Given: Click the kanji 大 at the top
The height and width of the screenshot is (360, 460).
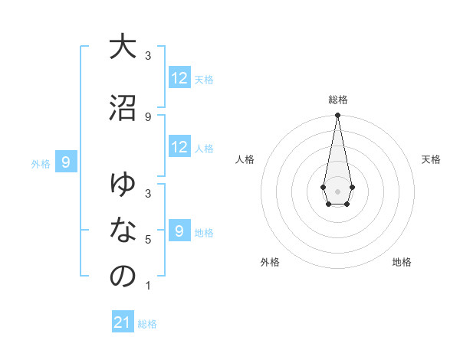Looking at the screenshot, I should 123,47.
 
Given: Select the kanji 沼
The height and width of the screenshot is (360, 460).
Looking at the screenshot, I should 123,107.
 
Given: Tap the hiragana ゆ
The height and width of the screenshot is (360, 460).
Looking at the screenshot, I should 123,185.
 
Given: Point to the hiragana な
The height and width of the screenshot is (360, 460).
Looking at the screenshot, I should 123,231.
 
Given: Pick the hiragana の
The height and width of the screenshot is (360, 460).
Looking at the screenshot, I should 123,277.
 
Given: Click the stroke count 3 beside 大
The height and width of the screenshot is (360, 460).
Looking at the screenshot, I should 148,56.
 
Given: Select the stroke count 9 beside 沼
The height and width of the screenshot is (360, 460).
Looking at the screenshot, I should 148,116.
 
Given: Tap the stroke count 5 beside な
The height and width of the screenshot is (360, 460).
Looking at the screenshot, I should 148,240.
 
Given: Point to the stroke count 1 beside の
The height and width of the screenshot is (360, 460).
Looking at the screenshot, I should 148,286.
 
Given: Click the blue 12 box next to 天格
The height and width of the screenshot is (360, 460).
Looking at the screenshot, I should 179,78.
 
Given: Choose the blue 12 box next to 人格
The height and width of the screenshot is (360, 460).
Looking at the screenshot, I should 179,147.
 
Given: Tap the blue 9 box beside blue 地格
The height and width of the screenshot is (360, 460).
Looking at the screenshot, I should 179,231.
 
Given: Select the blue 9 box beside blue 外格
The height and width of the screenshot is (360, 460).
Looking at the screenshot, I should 67,162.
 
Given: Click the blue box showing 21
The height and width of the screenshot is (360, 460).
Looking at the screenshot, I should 123,323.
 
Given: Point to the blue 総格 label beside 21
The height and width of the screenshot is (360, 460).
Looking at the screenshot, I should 147,324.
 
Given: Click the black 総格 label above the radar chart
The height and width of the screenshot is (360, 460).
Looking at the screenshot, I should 337,100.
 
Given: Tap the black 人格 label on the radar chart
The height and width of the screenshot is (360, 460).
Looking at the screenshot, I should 245,159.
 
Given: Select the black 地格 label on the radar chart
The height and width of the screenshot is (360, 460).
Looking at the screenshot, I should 402,262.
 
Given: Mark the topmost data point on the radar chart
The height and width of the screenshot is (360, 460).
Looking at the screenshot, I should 337,116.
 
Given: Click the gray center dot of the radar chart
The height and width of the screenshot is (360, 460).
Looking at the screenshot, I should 337,190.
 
